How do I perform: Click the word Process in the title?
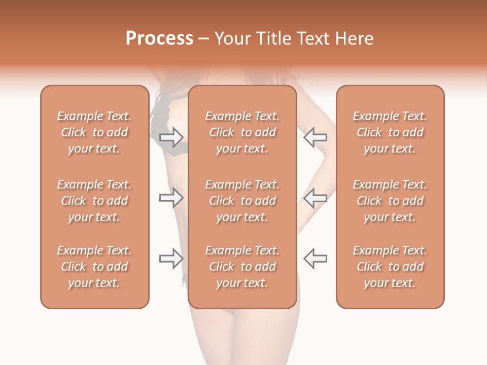pos(159,39)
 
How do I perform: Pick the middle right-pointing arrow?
pos(171,198)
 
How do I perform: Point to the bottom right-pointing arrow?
pos(171,259)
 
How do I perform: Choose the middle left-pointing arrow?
pos(315,198)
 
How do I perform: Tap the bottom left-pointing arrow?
pos(315,259)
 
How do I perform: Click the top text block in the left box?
pos(94,132)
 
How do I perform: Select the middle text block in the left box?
pos(94,201)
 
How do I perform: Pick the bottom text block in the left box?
pos(94,267)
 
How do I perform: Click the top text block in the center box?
pos(242,132)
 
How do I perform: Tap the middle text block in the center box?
pos(242,201)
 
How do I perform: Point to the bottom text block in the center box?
pos(242,267)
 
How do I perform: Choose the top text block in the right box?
pos(390,132)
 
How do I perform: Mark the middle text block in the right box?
pos(390,201)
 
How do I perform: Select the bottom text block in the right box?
pos(390,267)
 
